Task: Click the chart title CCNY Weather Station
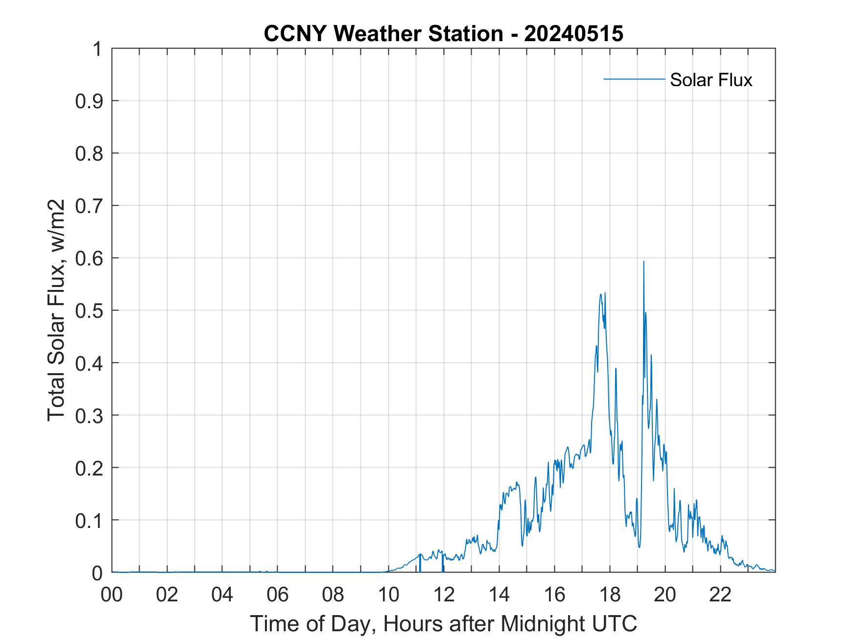pyautogui.click(x=383, y=34)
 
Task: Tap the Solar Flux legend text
pyautogui.click(x=711, y=80)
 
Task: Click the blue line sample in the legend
pyautogui.click(x=634, y=79)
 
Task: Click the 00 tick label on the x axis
pyautogui.click(x=112, y=595)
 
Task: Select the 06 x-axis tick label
pyautogui.click(x=278, y=595)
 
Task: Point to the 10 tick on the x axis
pyautogui.click(x=388, y=595)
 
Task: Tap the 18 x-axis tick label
pyautogui.click(x=610, y=595)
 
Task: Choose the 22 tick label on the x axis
pyautogui.click(x=720, y=595)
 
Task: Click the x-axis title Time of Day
pyautogui.click(x=443, y=623)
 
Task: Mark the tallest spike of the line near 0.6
pyautogui.click(x=643, y=262)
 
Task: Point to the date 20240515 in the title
pyautogui.click(x=573, y=34)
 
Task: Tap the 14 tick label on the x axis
pyautogui.click(x=499, y=595)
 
